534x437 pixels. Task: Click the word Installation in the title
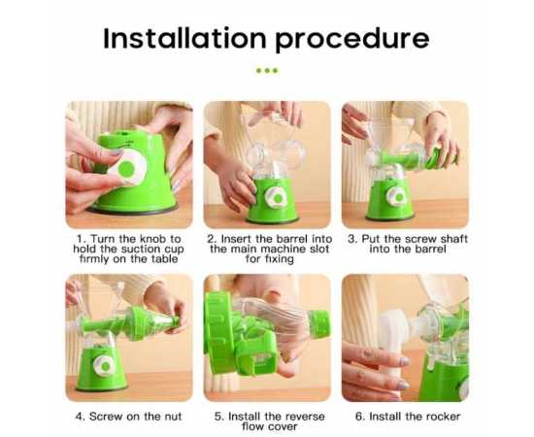[x=184, y=38]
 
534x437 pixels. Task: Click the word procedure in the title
[x=352, y=40]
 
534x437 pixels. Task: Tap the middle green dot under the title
[x=267, y=71]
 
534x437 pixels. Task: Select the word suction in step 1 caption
[x=141, y=249]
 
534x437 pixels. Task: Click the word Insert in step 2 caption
[x=237, y=239]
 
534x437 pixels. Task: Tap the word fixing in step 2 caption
[x=279, y=259]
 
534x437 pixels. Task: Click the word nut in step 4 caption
[x=173, y=417]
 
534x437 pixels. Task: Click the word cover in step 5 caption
[x=283, y=426]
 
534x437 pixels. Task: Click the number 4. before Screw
[x=80, y=417]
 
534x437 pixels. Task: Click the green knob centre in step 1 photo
[x=127, y=169]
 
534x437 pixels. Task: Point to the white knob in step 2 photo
[x=277, y=197]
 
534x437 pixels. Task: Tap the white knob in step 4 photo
[x=103, y=366]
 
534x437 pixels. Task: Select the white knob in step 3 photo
[x=397, y=196]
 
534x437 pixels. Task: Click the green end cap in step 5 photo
[x=319, y=323]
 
